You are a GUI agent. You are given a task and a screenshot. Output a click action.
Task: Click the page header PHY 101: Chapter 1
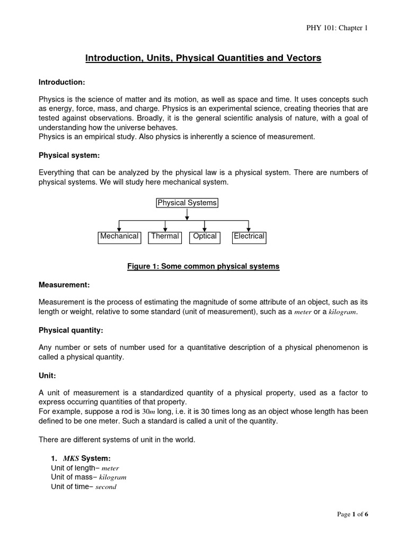(337, 28)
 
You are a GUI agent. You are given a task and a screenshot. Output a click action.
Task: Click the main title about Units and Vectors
(203, 58)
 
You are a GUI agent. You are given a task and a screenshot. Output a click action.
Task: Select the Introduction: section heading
(62, 82)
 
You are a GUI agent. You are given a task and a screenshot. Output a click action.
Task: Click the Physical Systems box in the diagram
(187, 203)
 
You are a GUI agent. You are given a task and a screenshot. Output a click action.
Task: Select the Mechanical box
(119, 237)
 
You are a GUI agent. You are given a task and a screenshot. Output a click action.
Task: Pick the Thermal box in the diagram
(165, 237)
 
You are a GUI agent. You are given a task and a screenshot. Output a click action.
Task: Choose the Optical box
(205, 237)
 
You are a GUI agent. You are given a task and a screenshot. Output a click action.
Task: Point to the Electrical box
(249, 237)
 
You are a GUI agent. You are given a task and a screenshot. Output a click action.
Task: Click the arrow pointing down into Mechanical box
(119, 226)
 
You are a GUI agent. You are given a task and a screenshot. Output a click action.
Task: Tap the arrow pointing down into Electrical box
(249, 226)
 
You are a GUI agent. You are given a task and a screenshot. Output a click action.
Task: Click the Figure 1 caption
(203, 266)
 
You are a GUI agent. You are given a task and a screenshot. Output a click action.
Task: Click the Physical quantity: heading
(71, 330)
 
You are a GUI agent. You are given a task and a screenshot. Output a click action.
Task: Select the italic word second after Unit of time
(105, 487)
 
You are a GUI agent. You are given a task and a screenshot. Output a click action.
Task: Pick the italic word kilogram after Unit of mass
(112, 477)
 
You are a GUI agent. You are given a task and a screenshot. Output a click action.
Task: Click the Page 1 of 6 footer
(352, 514)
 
